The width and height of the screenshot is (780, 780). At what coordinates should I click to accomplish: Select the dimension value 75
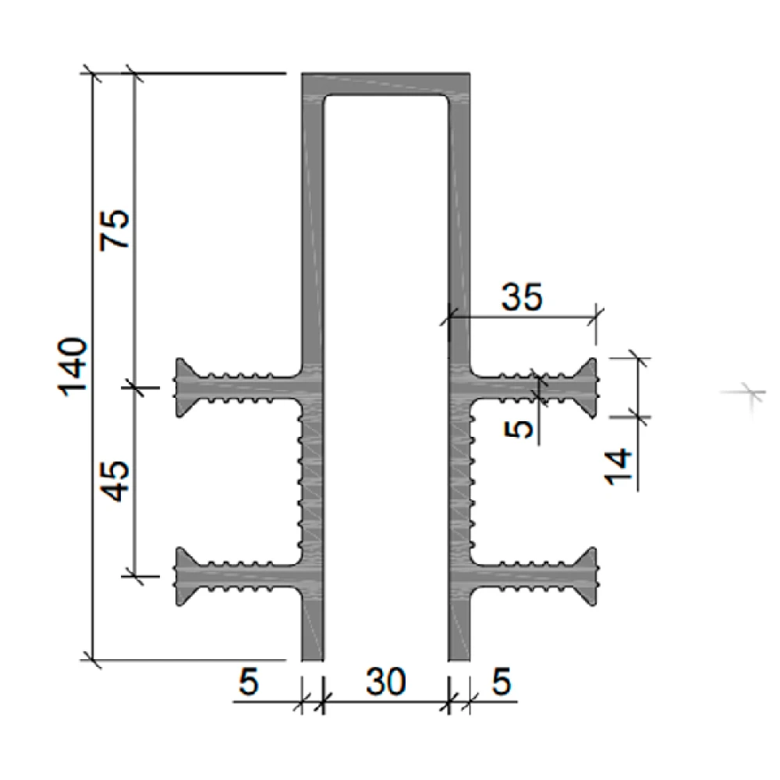(115, 229)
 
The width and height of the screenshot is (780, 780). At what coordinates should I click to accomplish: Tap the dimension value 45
(115, 481)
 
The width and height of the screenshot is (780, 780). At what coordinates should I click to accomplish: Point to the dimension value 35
(521, 297)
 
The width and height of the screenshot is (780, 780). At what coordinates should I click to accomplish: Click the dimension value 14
(618, 466)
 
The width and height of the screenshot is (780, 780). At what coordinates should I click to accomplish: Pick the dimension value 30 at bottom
(385, 681)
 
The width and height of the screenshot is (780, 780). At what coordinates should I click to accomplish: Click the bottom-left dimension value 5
(249, 681)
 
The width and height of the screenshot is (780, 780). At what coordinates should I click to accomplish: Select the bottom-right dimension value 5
(502, 681)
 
